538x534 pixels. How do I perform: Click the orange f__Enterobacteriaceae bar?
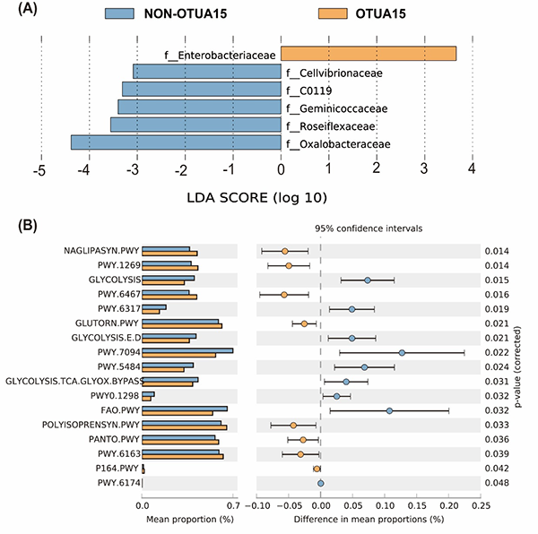369,55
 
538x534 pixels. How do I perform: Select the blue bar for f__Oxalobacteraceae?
175,142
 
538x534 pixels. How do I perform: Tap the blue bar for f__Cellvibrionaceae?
206,72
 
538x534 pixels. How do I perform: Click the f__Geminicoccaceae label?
336,108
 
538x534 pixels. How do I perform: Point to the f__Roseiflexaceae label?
331,125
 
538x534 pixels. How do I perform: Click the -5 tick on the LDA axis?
39,170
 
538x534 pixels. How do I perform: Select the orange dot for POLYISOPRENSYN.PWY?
293,425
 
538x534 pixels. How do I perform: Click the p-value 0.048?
496,483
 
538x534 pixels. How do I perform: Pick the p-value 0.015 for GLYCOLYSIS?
496,280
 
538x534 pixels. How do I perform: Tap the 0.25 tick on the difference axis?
481,504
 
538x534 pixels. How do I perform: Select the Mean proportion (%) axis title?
187,519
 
